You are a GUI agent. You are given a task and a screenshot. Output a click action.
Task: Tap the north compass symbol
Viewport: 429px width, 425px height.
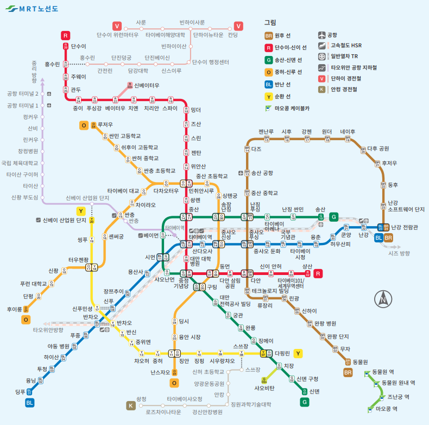pos(383,298)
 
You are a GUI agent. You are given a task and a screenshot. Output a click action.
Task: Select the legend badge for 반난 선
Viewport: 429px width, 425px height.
pos(268,84)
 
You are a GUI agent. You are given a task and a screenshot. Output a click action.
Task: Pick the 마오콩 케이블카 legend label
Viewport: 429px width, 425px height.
pos(292,108)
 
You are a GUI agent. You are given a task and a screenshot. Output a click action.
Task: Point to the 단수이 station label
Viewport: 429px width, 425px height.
pos(79,47)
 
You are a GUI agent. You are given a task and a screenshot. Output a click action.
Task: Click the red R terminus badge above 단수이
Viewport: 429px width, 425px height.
pos(66,35)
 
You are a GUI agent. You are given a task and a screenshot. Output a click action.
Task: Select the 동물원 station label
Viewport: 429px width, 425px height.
pos(360,362)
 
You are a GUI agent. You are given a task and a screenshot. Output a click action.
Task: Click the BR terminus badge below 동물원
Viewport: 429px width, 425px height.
pos(348,372)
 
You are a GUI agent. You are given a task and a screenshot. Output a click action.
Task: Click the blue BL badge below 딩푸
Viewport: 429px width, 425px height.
pos(29,403)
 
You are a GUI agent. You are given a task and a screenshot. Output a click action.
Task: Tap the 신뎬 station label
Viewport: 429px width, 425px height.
pos(314,391)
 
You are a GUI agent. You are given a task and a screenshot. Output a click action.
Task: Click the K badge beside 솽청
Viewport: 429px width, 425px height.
pos(131,405)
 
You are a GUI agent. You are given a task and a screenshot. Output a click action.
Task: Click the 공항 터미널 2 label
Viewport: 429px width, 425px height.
pos(23,93)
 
